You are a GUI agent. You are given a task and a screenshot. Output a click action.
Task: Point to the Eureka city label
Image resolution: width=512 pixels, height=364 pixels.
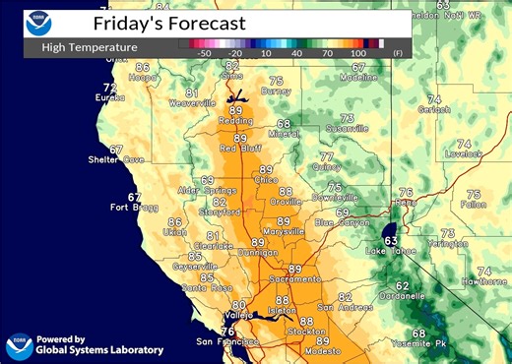[x=108, y=98]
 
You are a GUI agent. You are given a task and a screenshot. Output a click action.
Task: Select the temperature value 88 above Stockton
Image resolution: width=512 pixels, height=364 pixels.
[x=307, y=322]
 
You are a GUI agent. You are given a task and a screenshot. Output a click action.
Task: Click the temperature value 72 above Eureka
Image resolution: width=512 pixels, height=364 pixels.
[x=110, y=88]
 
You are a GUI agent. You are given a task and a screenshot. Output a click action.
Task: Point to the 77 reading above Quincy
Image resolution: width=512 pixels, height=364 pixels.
[x=326, y=156]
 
